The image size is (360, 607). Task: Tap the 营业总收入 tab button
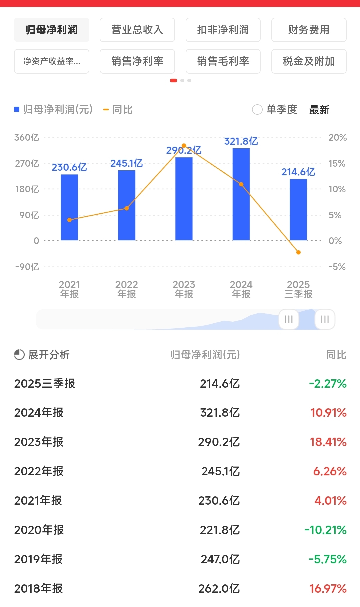pos(137,30)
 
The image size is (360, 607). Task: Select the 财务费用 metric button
pos(309,30)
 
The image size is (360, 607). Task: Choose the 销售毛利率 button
pos(223,61)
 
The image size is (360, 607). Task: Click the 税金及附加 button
pos(309,61)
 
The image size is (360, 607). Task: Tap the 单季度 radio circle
pos(257,110)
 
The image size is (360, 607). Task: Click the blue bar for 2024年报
pos(241,194)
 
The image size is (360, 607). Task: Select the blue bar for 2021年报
pos(69,207)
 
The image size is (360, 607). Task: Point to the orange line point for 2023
pos(184,146)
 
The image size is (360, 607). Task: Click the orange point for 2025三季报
pos(298,252)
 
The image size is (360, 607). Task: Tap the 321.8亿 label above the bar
pos(241,141)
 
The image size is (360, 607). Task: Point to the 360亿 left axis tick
pos(27,137)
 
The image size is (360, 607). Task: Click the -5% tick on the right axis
pos(337,267)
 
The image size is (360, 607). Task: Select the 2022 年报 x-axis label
pos(127,289)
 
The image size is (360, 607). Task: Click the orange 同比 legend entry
pos(118,110)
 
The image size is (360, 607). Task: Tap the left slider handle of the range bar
pos(289,319)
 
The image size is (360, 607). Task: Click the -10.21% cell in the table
pos(326,530)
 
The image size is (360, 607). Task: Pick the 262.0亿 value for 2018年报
pos(219,589)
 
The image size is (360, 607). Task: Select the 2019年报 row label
pos(38,559)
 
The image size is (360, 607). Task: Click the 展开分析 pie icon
pos(19,355)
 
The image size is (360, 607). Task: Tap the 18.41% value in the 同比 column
pos(328,442)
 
